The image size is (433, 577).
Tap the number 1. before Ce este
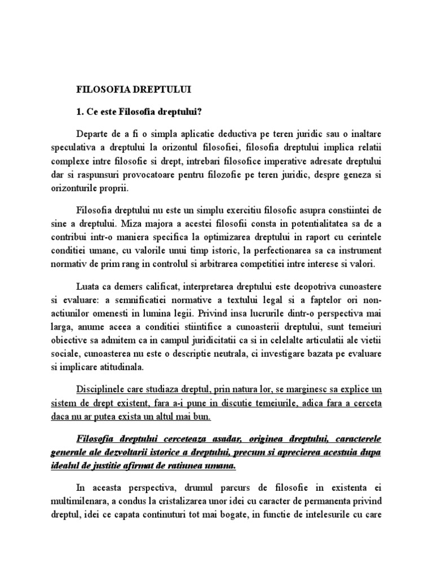click(80, 110)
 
